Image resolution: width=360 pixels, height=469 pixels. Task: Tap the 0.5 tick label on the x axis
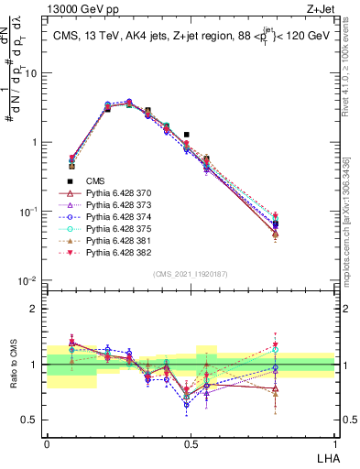pyautogui.click(x=191, y=442)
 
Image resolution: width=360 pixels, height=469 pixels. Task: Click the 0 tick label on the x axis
pyautogui.click(x=48, y=442)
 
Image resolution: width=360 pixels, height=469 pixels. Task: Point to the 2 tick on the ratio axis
pyautogui.click(x=38, y=309)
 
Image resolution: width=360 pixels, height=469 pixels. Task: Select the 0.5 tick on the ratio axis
pyautogui.click(x=33, y=421)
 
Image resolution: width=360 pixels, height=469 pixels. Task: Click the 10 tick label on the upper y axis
pyautogui.click(x=33, y=72)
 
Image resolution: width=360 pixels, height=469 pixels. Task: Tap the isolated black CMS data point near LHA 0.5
pyautogui.click(x=187, y=135)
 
